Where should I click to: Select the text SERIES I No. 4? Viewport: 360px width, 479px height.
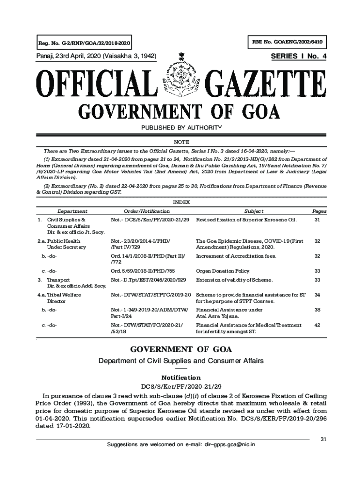(299, 57)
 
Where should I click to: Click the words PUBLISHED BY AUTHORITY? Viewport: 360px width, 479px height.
(180, 128)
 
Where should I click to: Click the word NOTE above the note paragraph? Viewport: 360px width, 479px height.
(180, 142)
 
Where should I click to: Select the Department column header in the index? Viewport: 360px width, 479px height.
(72, 211)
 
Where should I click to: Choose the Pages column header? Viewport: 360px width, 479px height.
(317, 211)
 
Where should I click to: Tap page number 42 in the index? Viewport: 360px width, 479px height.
(317, 325)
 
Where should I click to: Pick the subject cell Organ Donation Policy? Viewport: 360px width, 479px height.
(223, 271)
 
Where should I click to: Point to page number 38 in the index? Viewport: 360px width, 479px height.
(317, 310)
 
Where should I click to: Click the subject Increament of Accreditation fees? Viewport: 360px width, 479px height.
(236, 256)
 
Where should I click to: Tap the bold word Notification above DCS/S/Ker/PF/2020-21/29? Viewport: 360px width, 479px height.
(180, 377)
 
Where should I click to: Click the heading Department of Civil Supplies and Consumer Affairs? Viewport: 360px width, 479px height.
(180, 361)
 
